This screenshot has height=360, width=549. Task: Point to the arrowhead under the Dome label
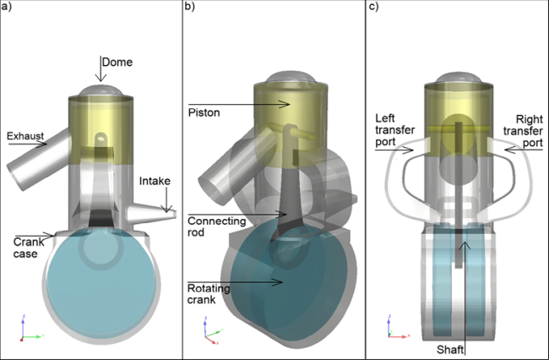click(x=101, y=80)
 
